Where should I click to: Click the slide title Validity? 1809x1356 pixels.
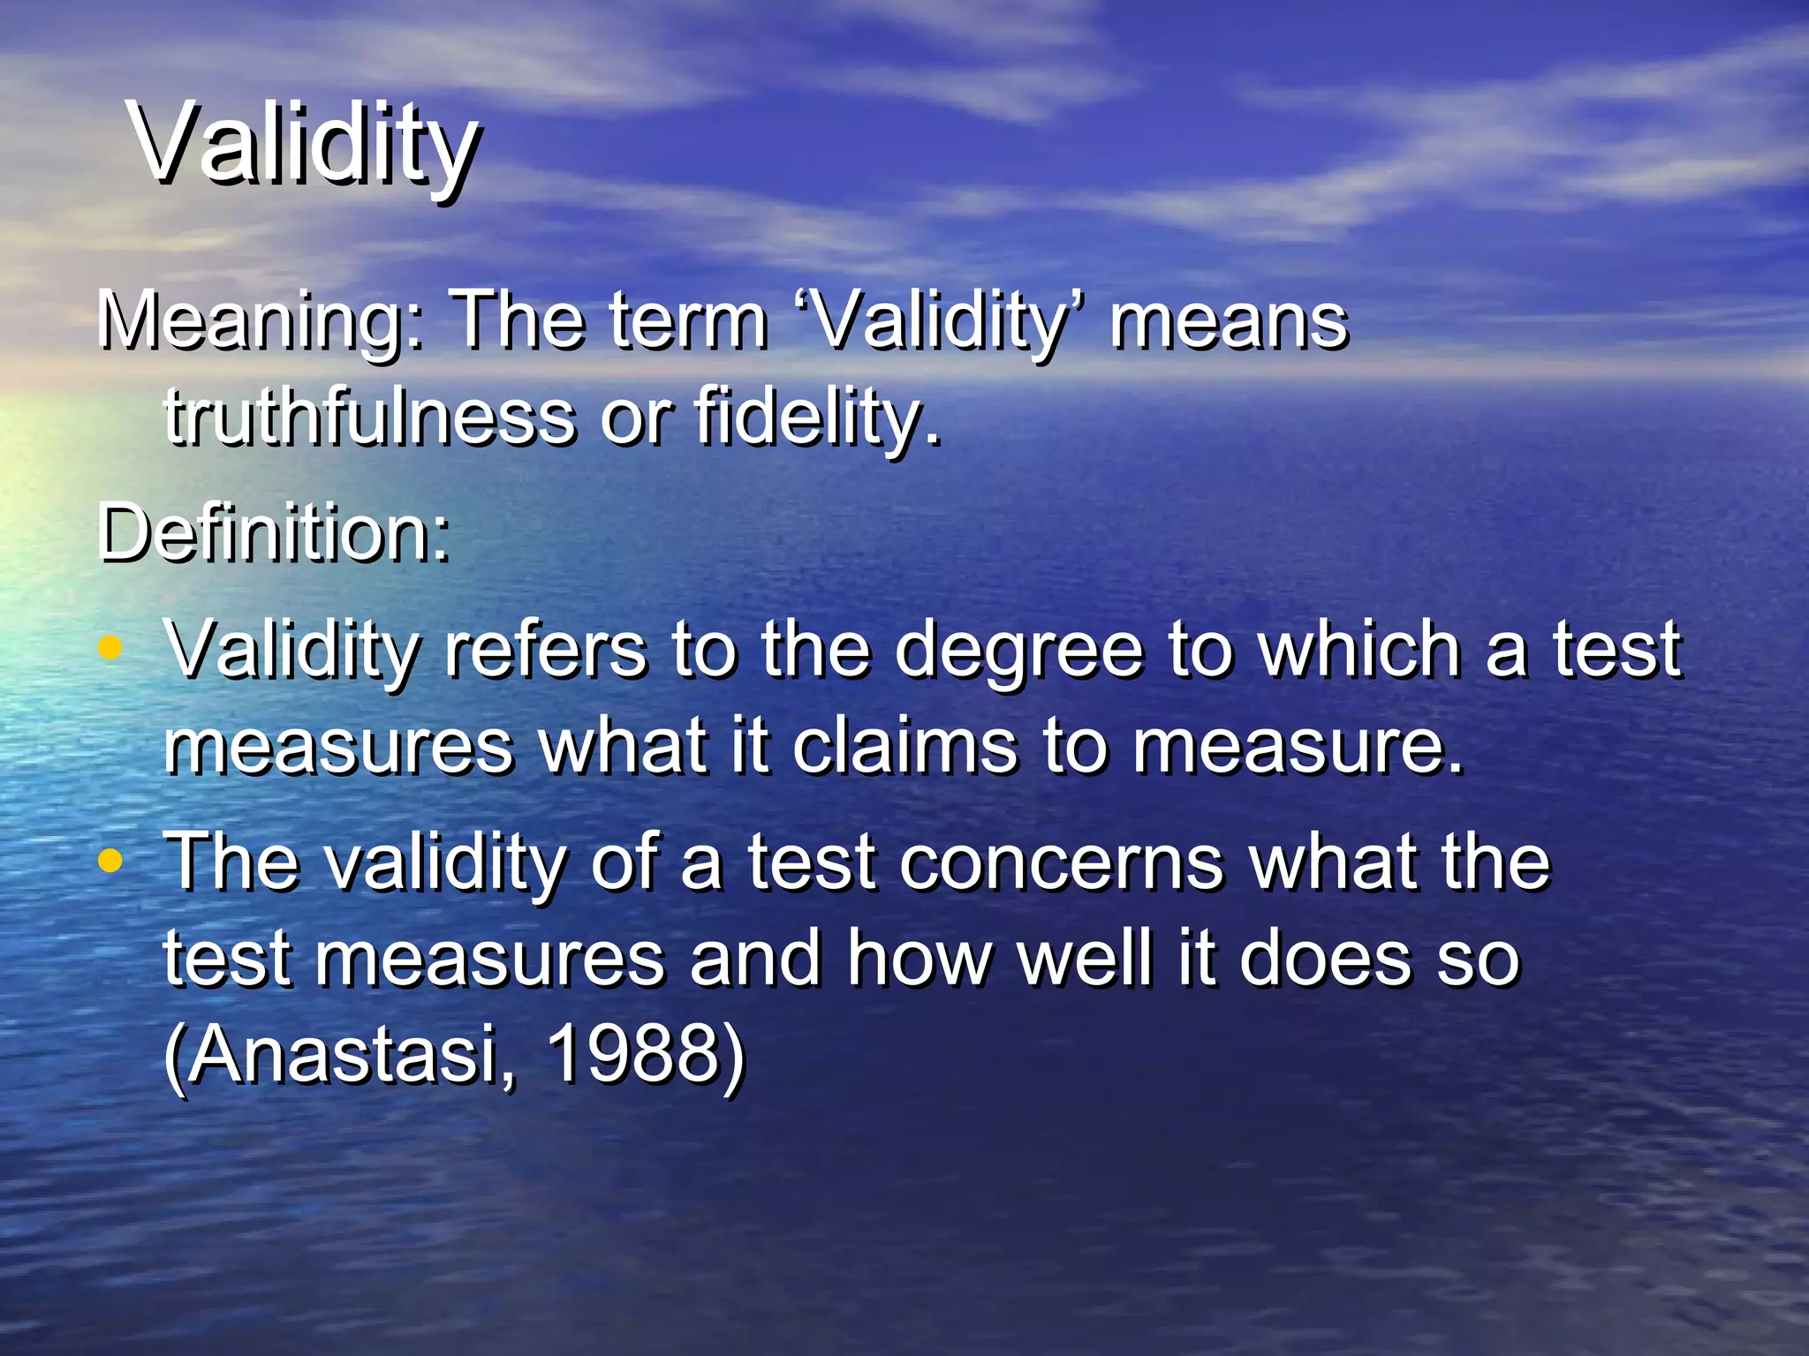(x=305, y=144)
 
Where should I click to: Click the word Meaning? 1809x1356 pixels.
(x=261, y=322)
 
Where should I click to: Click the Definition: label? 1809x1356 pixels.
(x=275, y=534)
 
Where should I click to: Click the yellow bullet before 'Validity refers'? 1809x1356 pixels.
(x=110, y=649)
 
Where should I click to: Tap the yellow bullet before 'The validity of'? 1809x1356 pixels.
(x=110, y=861)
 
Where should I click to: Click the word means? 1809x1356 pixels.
(x=1229, y=322)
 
